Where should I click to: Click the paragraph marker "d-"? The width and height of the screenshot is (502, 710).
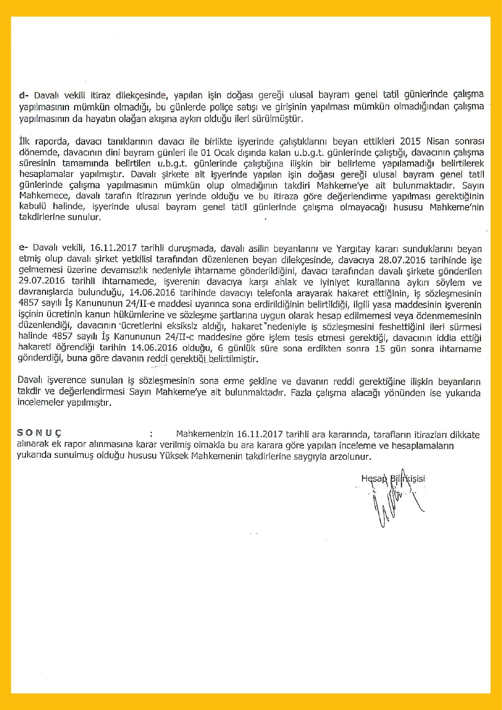coord(24,96)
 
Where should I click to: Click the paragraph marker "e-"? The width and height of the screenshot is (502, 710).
coord(23,247)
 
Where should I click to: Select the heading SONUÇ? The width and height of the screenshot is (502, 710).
coord(39,433)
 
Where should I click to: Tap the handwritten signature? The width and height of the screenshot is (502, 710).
coord(394,502)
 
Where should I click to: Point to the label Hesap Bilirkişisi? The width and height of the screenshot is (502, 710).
coord(393,478)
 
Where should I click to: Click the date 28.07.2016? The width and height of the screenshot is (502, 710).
coord(402,259)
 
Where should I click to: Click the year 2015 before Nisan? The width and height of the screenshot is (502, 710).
coord(410,141)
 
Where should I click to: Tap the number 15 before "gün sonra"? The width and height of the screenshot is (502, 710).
coord(380,348)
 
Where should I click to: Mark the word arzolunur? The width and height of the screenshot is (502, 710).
coord(351,457)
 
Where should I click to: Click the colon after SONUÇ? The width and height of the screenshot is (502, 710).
coord(151,434)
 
